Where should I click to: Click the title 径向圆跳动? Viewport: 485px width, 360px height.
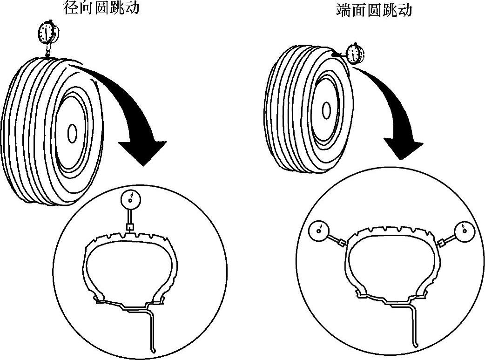point(101,8)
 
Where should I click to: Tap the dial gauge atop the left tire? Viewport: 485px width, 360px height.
point(48,32)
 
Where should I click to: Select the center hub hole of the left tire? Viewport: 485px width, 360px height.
point(72,134)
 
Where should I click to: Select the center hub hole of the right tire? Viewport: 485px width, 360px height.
point(327,110)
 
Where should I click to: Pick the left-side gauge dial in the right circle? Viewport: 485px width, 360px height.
point(319,230)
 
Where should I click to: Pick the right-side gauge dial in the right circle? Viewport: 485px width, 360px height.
point(464,230)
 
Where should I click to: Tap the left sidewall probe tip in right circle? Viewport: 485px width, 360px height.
point(343,243)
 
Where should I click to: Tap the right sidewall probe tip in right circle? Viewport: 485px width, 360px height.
point(440,243)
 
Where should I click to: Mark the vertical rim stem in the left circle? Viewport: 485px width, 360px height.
point(152,331)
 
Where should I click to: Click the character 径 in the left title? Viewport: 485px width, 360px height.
point(71,8)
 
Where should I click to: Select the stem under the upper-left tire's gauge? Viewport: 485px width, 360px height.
point(48,49)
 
